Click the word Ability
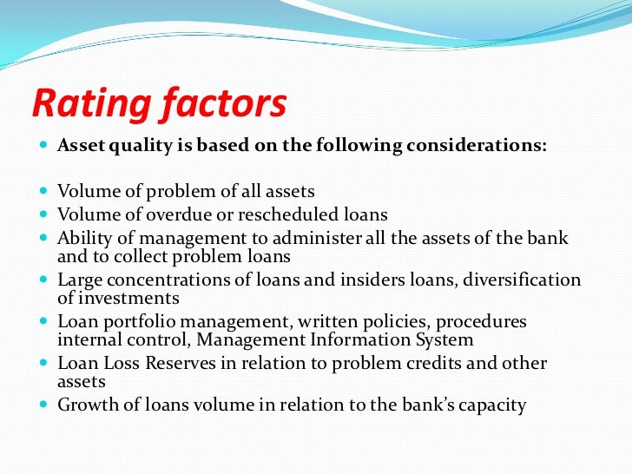[83, 238]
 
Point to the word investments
[128, 299]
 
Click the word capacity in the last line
[491, 405]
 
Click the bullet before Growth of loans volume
[44, 405]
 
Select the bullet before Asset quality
[44, 146]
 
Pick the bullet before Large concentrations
[44, 280]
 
